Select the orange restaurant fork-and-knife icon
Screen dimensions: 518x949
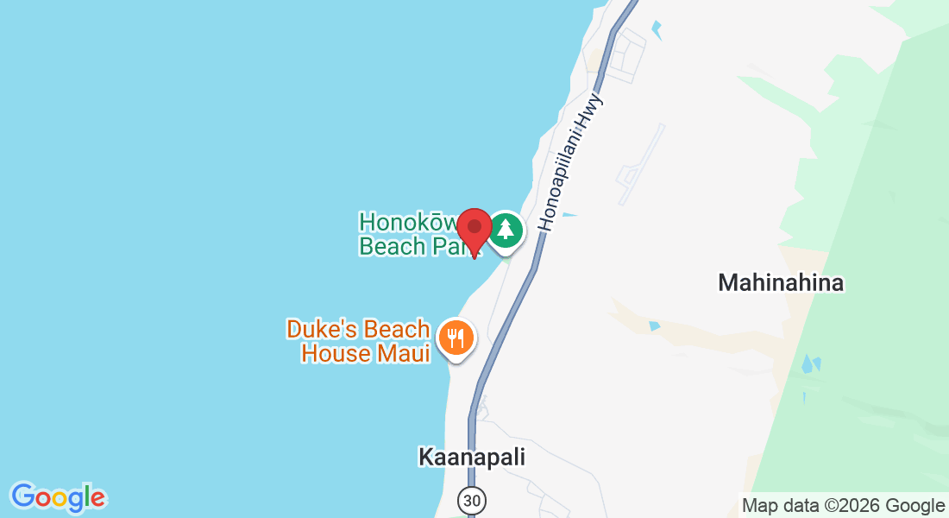455,337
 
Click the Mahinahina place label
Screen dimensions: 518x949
781,282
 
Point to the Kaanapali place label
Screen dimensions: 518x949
471,457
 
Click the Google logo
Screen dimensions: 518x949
58,498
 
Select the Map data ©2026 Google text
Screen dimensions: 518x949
843,506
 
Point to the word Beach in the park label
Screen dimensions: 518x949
392,247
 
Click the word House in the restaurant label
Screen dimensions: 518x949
337,353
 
